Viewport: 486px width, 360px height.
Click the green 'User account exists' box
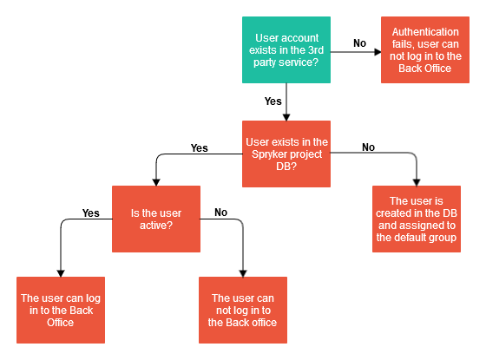click(x=286, y=50)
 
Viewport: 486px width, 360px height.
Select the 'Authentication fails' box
click(x=425, y=50)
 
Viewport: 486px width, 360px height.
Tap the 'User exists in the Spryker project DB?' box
click(x=286, y=154)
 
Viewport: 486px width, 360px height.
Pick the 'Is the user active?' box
click(x=156, y=219)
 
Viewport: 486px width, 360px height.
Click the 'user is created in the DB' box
click(x=417, y=219)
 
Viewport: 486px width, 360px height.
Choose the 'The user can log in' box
click(x=61, y=311)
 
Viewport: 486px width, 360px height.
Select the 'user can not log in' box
click(x=243, y=311)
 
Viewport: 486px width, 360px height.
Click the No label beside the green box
click(x=359, y=43)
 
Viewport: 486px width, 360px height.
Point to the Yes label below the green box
click(x=273, y=101)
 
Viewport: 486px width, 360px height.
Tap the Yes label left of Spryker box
click(x=200, y=148)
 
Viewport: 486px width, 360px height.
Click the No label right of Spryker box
click(x=368, y=147)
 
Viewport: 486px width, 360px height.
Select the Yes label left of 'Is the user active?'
click(x=91, y=213)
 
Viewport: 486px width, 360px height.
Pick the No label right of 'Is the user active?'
click(x=220, y=213)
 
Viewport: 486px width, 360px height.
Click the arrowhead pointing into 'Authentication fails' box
click(x=378, y=52)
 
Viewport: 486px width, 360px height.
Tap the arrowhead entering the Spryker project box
click(x=286, y=117)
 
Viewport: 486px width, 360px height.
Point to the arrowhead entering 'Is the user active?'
click(x=156, y=182)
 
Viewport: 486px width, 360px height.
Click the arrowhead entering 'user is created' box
click(x=417, y=182)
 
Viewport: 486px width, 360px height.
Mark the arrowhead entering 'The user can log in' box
click(x=61, y=273)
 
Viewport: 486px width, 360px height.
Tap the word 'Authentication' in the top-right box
click(x=425, y=32)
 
